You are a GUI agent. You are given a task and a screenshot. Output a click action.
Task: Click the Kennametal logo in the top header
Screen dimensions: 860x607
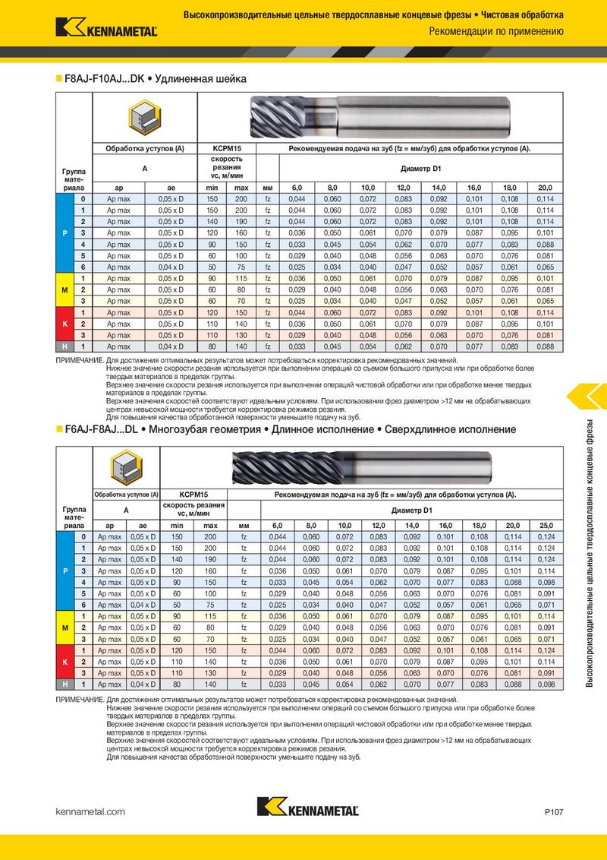106,28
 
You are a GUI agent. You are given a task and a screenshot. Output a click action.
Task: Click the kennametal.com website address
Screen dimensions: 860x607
90,812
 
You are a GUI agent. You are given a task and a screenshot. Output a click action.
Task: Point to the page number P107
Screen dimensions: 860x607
554,812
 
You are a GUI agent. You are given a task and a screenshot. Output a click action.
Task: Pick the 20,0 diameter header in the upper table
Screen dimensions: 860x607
546,187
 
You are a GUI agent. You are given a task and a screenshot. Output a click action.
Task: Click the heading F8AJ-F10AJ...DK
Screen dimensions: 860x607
105,78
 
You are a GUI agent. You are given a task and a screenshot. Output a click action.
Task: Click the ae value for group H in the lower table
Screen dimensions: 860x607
142,685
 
